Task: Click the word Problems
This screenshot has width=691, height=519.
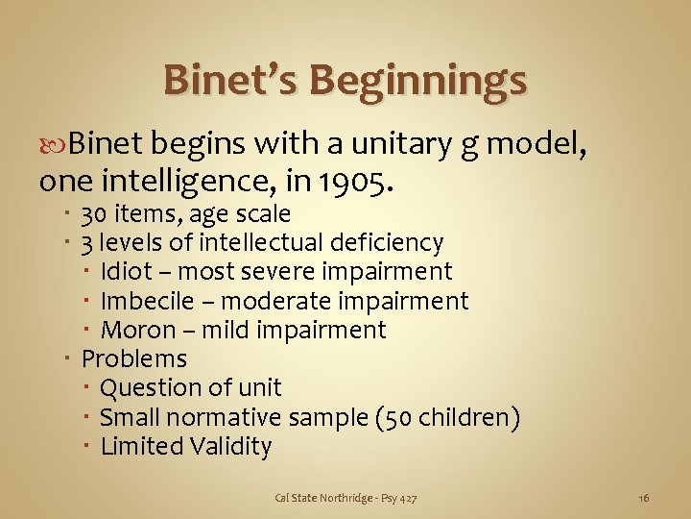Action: point(134,359)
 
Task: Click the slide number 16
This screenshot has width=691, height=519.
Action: point(644,497)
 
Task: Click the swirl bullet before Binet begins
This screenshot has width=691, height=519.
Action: point(54,145)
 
